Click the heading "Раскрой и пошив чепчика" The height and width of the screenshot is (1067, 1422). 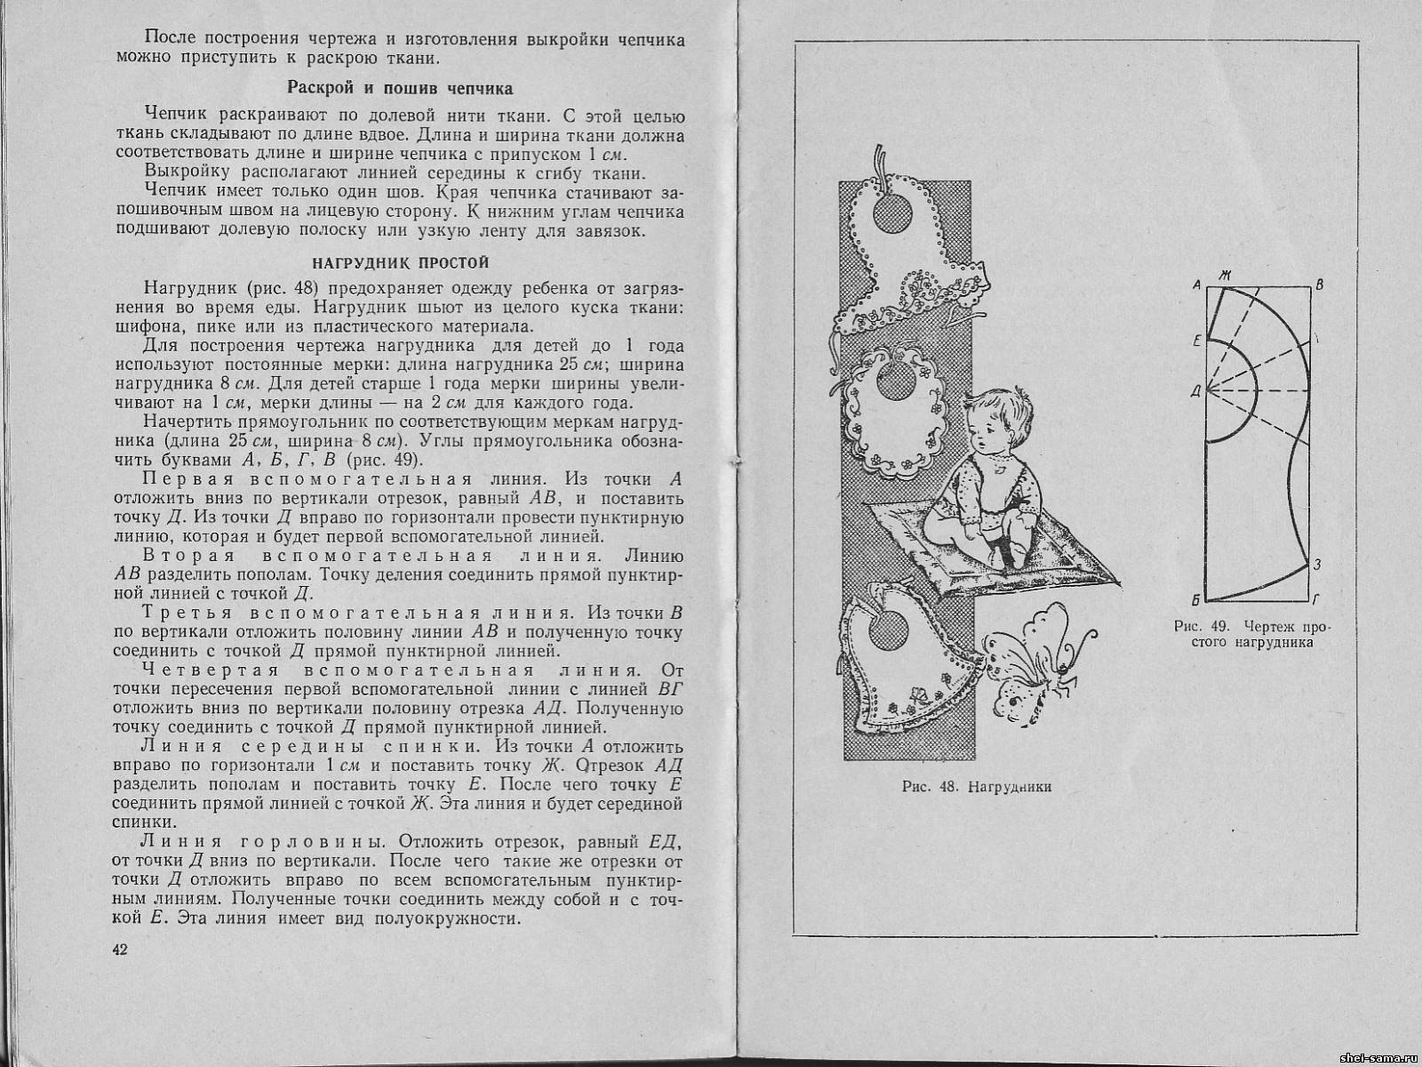399,88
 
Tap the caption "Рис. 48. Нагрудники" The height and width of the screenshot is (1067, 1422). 976,786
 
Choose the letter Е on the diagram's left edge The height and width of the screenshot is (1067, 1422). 1197,341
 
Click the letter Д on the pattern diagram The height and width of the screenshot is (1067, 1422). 1196,389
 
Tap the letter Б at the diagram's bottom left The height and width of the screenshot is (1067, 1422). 1197,598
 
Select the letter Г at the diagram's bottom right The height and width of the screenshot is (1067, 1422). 1319,598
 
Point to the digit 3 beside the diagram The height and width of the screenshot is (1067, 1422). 1317,564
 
